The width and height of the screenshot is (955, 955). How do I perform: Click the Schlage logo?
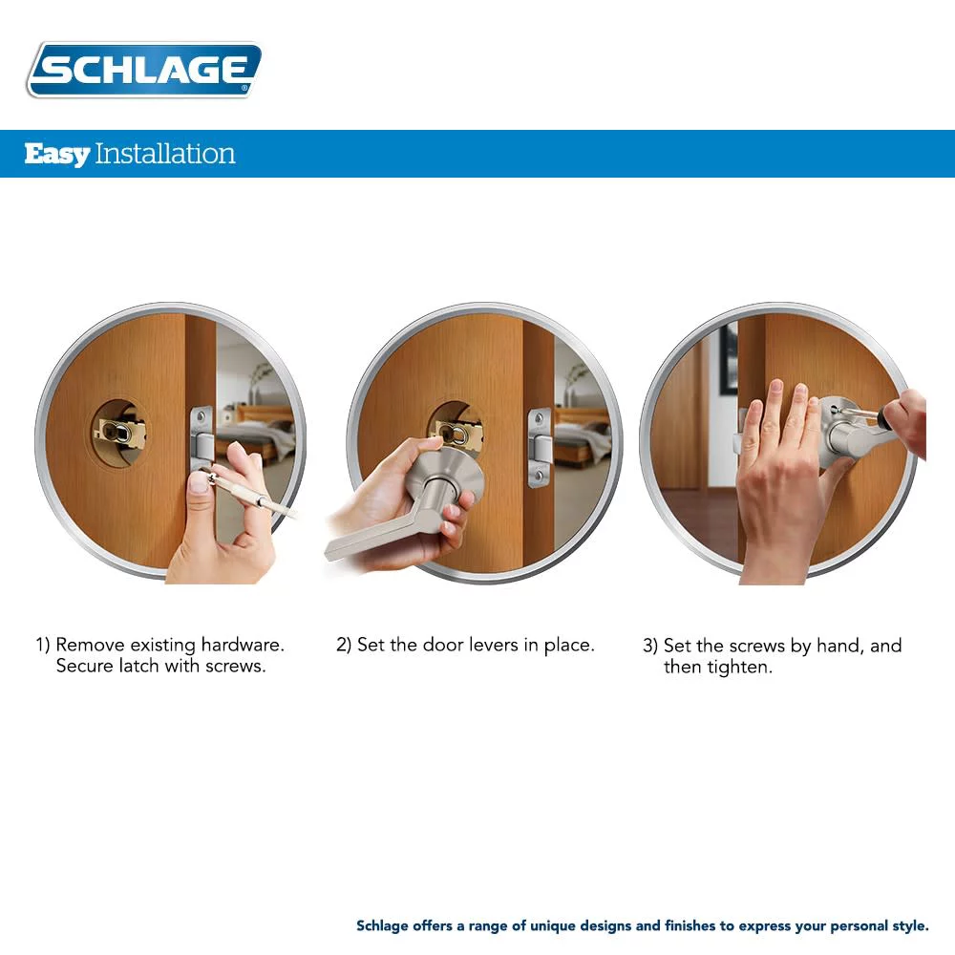pyautogui.click(x=144, y=70)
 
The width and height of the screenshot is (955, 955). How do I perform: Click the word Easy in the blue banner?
pyautogui.click(x=56, y=154)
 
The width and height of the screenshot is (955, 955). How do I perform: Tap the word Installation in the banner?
pyautogui.click(x=165, y=154)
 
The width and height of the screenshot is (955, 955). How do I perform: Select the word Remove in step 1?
pyautogui.click(x=92, y=646)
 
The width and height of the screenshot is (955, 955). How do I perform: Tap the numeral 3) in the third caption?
pyautogui.click(x=650, y=647)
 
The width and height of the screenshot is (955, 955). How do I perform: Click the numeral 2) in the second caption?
pyautogui.click(x=344, y=646)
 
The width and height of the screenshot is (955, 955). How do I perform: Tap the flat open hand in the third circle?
pyautogui.click(x=782, y=468)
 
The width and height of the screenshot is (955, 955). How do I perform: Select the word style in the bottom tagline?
pyautogui.click(x=906, y=926)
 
